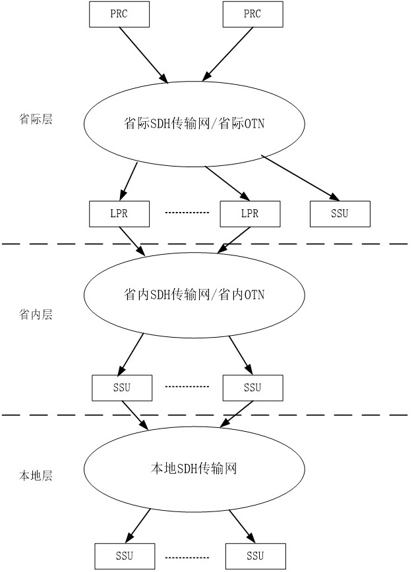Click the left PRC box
(119, 14)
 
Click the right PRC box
(252, 14)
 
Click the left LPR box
(119, 213)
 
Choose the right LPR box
(250, 213)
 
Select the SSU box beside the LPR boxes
(340, 213)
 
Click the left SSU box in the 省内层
(122, 386)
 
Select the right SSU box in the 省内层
(252, 386)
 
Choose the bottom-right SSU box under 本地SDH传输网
(255, 556)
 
